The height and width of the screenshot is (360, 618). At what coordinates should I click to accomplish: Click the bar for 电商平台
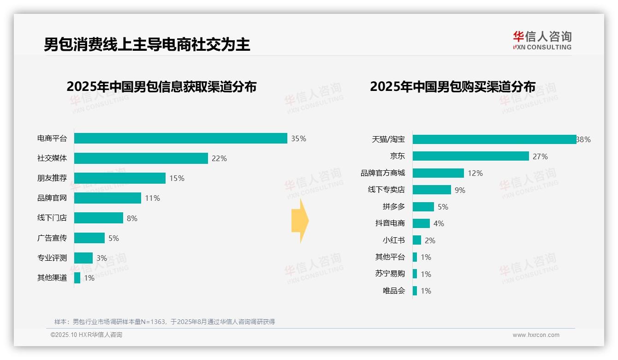click(181, 138)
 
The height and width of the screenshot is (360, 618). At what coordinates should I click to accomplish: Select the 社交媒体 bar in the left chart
click(141, 158)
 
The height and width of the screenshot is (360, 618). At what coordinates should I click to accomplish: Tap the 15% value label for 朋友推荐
click(177, 178)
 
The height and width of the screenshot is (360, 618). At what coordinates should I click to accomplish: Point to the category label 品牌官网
click(52, 198)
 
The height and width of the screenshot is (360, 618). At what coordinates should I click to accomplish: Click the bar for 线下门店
click(99, 218)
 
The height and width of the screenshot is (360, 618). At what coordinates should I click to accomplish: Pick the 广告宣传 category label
click(52, 238)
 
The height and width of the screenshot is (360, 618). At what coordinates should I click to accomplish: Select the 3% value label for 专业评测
click(101, 258)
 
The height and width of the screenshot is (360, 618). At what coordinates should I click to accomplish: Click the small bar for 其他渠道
click(77, 278)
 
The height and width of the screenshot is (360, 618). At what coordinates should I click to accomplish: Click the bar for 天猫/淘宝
click(494, 139)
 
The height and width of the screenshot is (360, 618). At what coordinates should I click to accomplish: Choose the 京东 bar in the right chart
click(471, 156)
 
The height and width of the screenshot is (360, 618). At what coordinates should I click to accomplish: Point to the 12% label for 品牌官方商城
click(475, 173)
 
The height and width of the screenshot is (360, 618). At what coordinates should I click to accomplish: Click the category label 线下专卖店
click(386, 190)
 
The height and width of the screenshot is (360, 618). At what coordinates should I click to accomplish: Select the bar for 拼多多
click(423, 207)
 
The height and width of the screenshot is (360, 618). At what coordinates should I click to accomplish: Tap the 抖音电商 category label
click(390, 223)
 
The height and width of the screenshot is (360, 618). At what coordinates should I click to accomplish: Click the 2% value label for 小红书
click(430, 240)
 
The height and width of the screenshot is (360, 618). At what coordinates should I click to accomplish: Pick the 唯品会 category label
click(394, 291)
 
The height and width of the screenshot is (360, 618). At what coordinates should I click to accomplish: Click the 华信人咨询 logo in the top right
click(542, 40)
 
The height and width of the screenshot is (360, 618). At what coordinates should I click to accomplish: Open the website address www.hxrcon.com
click(535, 335)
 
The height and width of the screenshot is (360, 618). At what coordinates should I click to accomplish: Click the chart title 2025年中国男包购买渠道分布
click(452, 87)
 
